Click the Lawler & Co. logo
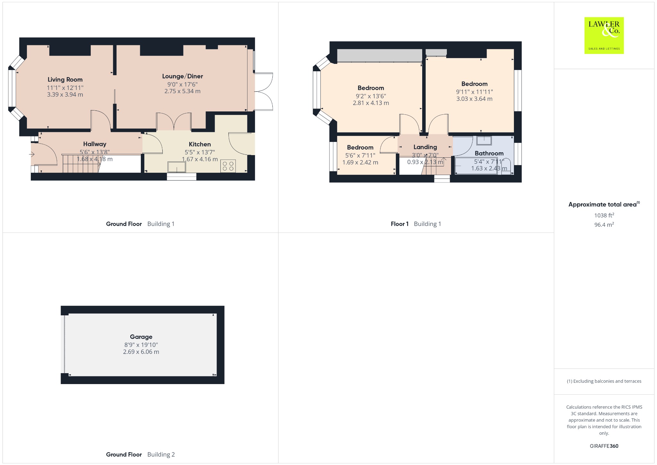pyautogui.click(x=604, y=35)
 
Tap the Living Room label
pyautogui.click(x=65, y=80)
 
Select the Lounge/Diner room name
pyautogui.click(x=183, y=76)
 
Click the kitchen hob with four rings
pyautogui.click(x=228, y=166)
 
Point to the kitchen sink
pyautogui.click(x=177, y=167)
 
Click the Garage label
pyautogui.click(x=141, y=337)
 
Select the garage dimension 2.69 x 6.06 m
pyautogui.click(x=141, y=352)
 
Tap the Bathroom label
pyautogui.click(x=489, y=153)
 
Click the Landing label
pyautogui.click(x=425, y=147)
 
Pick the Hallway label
pyautogui.click(x=95, y=144)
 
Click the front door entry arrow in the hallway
pyautogui.click(x=31, y=155)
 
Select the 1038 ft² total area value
pyautogui.click(x=604, y=215)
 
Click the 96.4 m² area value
pyautogui.click(x=604, y=224)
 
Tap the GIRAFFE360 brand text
pyautogui.click(x=604, y=446)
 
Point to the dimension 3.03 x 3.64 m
pyautogui.click(x=474, y=99)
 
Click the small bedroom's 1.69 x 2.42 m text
pyautogui.click(x=360, y=162)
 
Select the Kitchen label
pyautogui.click(x=200, y=145)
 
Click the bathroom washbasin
pyautogui.click(x=484, y=141)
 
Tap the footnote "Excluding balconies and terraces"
pyautogui.click(x=607, y=381)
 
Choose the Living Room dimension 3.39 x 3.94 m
pyautogui.click(x=65, y=95)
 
